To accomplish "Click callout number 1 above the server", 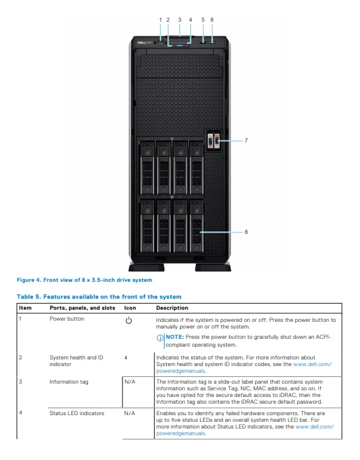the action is point(161,19).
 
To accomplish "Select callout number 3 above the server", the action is point(179,19).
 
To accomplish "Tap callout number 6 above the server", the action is point(212,19).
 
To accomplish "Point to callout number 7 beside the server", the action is point(246,140).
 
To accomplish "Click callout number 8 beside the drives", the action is point(246,231).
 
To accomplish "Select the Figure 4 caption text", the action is point(84,280).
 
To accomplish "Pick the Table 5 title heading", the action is point(99,296).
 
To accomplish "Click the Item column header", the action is point(25,308).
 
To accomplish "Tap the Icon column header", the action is point(130,308).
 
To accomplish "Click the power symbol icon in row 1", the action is point(128,321).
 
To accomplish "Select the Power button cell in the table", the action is point(67,319).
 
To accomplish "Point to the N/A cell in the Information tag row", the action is point(129,382).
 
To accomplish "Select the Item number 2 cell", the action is point(21,358).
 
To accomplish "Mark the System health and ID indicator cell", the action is point(76,361).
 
